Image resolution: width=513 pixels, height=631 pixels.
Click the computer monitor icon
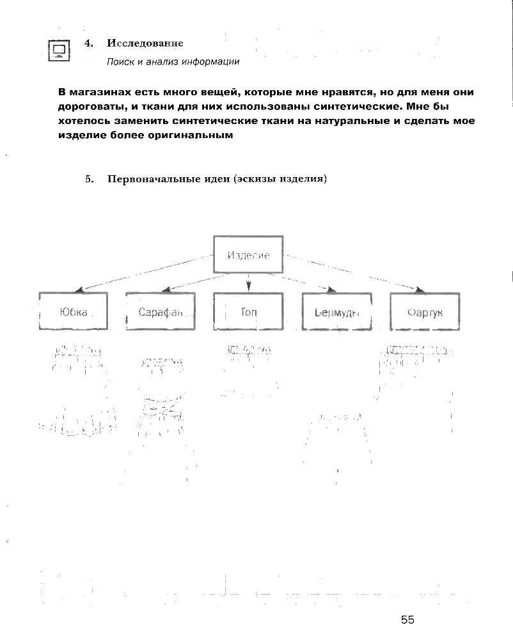coord(59,49)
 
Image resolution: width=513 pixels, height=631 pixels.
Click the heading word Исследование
coord(145,43)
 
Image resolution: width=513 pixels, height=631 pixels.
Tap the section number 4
coord(88,43)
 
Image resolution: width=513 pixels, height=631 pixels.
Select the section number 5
coord(89,180)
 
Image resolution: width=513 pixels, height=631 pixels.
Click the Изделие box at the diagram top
coord(248,255)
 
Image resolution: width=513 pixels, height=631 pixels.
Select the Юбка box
coord(73,312)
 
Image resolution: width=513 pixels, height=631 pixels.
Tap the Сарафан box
coord(160,312)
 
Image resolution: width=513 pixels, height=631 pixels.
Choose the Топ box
coord(248,312)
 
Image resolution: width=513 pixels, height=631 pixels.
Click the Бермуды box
coord(336,312)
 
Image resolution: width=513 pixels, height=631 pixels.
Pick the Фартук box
coord(425,312)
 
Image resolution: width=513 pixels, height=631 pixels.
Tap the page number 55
coord(408,619)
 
